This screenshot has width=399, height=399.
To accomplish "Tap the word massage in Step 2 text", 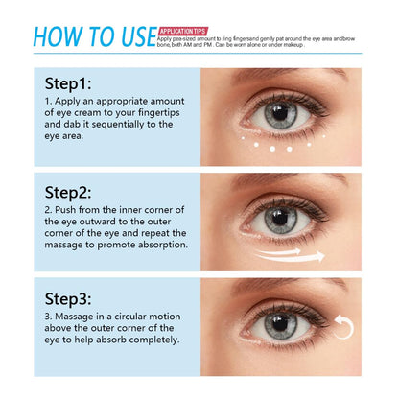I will tap(78, 244).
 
